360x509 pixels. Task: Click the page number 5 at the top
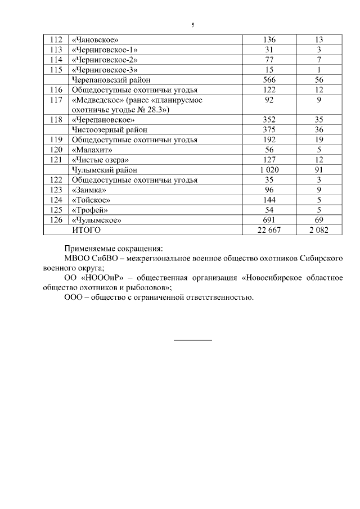[193, 25]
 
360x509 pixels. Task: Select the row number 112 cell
[56, 40]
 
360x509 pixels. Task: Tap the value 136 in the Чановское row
[269, 40]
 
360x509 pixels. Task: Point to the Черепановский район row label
[110, 80]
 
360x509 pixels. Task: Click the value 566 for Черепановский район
[269, 80]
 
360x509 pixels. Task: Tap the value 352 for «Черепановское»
[269, 120]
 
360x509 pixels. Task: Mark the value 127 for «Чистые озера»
[269, 160]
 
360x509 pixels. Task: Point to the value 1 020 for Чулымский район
[269, 170]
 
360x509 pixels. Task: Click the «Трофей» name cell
[89, 210]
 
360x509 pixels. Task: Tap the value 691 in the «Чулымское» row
[269, 220]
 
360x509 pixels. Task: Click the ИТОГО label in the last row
[85, 230]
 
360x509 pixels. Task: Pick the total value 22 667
[269, 230]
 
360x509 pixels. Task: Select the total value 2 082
[318, 230]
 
